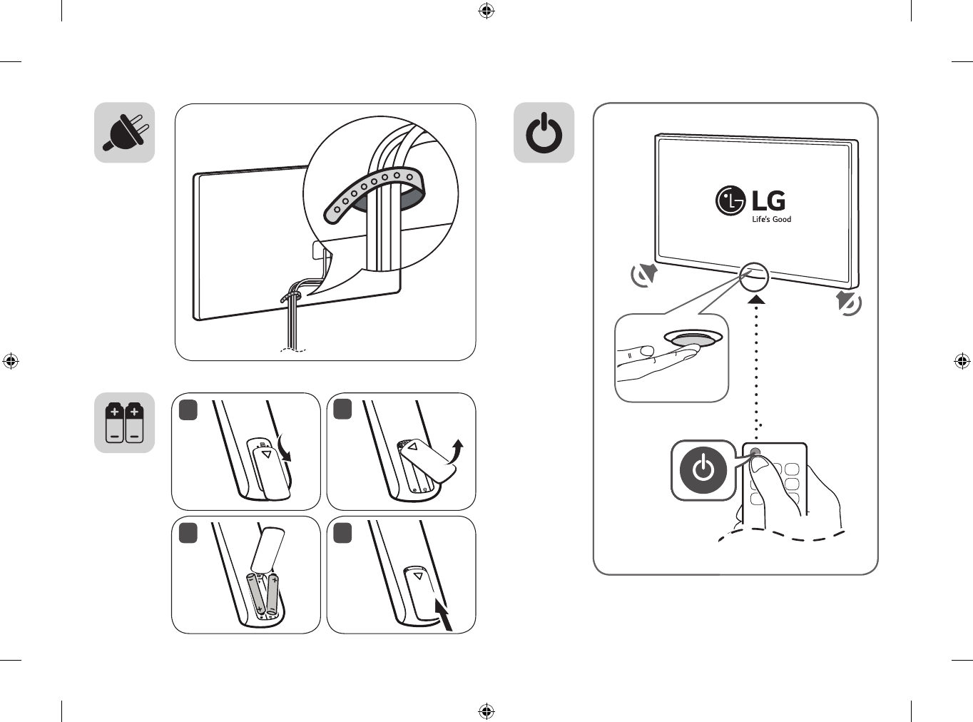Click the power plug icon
124,133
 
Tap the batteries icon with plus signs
124,422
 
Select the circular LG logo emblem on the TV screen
730,201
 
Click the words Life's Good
772,219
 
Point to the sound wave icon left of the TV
643,275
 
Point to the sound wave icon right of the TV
848,302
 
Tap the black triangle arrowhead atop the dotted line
756,300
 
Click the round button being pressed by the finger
693,338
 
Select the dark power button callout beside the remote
703,470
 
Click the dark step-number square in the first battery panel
188,411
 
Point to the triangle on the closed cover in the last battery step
418,576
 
